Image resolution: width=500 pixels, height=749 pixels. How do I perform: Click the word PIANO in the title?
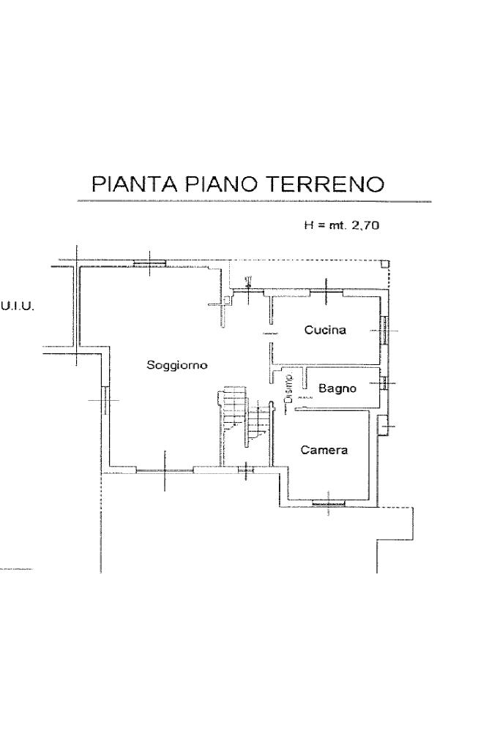[220, 184]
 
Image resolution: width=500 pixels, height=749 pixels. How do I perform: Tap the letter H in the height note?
[308, 226]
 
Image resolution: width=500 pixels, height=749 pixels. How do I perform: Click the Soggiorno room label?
[177, 364]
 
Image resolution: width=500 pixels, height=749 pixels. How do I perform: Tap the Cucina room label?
[325, 330]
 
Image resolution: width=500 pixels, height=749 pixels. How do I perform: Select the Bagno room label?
[337, 388]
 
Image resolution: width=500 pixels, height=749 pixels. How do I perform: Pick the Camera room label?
[324, 450]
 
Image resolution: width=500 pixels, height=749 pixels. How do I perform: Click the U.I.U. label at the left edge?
[16, 304]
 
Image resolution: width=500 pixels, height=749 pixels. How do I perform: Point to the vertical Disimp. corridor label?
[289, 388]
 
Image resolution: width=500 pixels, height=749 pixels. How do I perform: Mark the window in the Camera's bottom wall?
[328, 503]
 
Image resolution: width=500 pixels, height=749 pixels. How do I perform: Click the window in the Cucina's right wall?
[384, 331]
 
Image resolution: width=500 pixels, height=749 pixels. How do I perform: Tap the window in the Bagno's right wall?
[383, 382]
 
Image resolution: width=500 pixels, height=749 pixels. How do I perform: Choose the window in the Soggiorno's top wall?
[149, 263]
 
